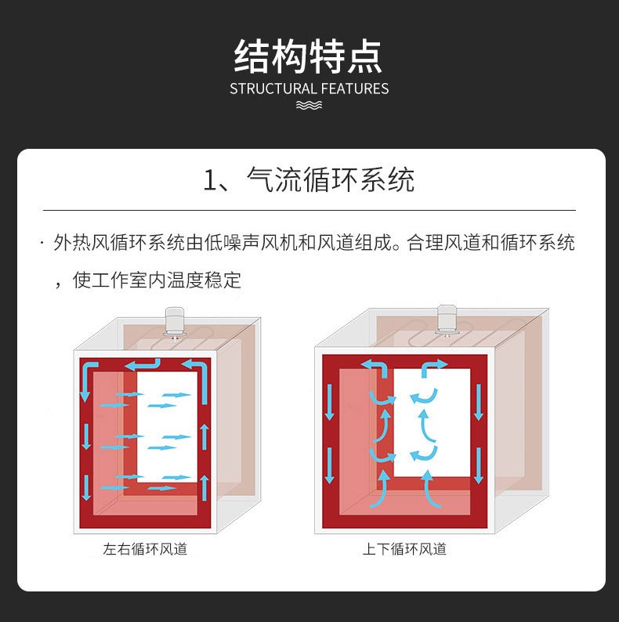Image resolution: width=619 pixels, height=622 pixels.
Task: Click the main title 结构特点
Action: click(308, 56)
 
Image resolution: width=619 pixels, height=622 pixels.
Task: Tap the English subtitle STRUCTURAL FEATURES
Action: click(309, 89)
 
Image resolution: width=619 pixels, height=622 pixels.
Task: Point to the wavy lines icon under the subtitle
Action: click(309, 105)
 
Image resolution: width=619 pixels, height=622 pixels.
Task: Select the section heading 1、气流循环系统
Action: click(309, 179)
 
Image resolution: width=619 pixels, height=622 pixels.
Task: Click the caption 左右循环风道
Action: click(145, 549)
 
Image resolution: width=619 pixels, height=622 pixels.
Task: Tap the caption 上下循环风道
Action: click(404, 549)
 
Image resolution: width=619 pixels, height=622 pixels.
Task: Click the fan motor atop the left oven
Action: click(174, 323)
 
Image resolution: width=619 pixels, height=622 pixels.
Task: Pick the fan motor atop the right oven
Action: click(447, 320)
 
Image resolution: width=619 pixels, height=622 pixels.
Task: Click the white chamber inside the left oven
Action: click(167, 427)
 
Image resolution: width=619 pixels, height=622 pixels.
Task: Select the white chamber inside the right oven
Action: click(432, 423)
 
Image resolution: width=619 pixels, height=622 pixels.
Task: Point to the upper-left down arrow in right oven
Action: click(329, 402)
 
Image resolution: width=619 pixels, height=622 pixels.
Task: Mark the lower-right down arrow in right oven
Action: click(479, 465)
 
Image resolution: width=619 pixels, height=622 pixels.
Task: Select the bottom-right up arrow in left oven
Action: click(205, 488)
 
